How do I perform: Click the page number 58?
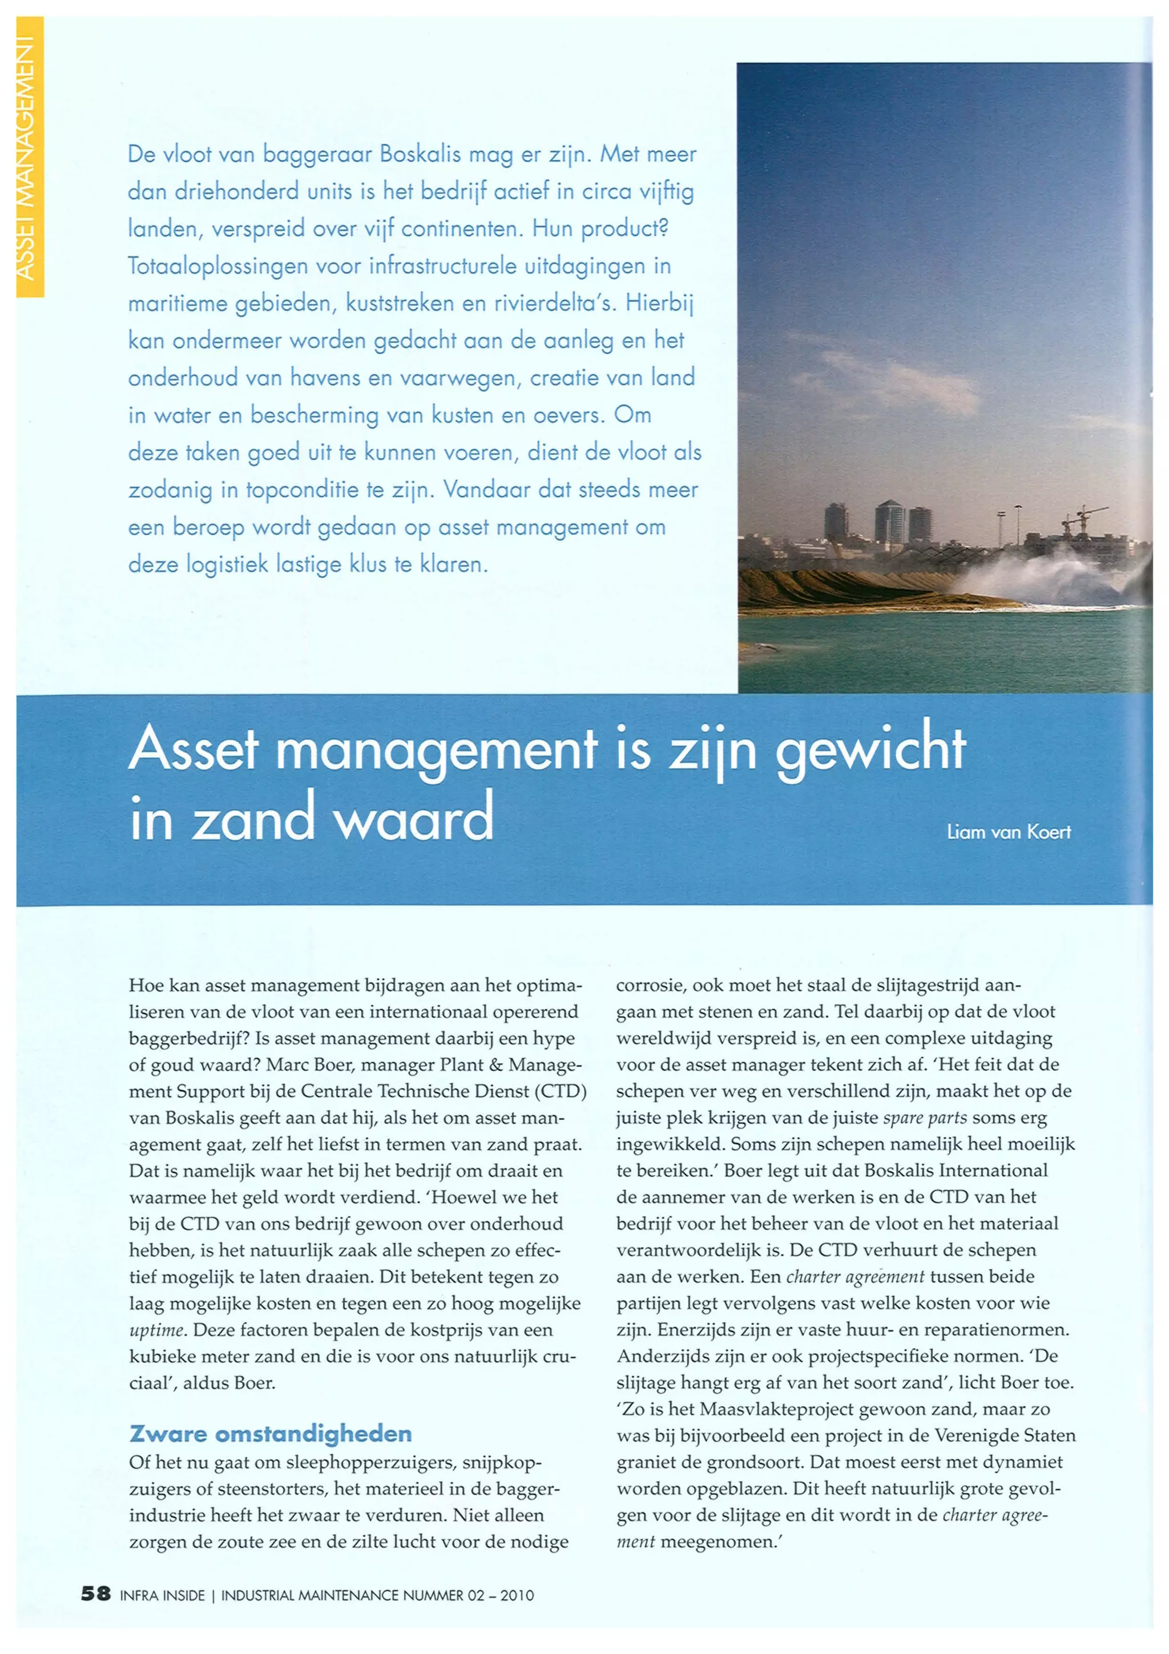click(95, 1594)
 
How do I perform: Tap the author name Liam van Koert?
click(1009, 832)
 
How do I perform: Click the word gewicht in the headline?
click(870, 749)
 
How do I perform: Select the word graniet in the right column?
click(643, 1462)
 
